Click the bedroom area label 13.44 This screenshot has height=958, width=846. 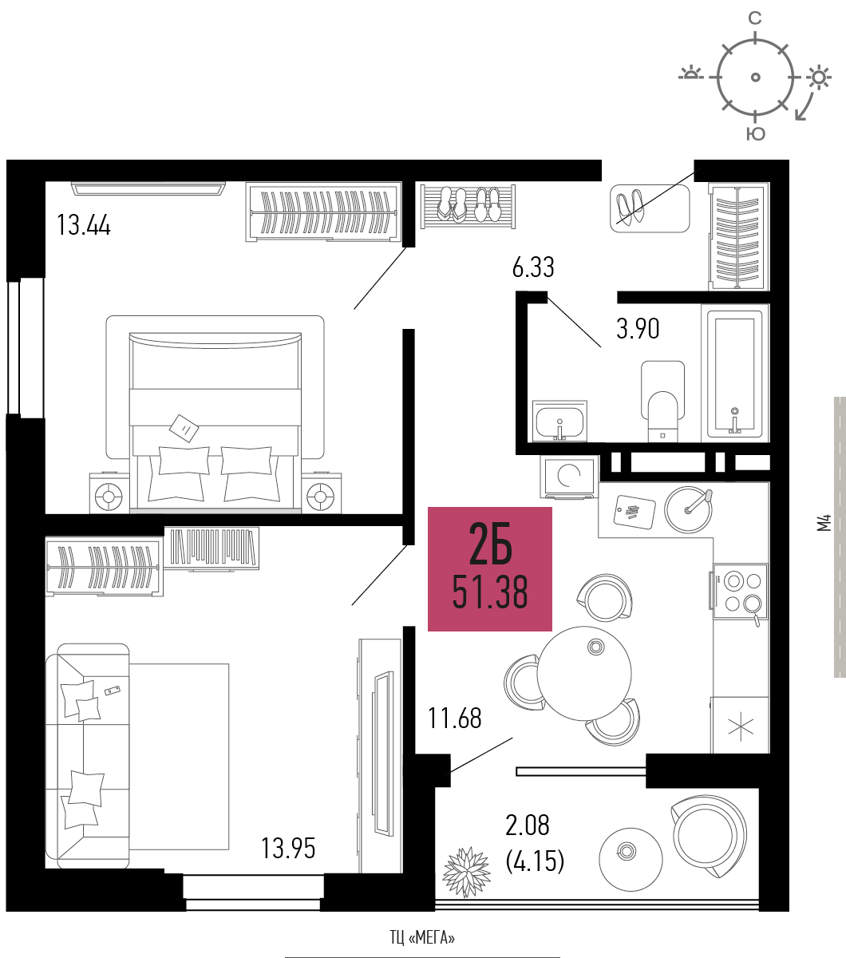point(84,224)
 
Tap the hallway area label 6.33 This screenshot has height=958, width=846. point(533,267)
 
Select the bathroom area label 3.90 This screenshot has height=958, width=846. point(638,329)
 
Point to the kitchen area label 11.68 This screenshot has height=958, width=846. point(454,718)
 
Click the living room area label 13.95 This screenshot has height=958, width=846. point(288,849)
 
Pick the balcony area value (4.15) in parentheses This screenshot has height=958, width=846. point(535,861)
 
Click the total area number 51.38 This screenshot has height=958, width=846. point(490,592)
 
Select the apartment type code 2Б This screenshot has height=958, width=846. point(490,544)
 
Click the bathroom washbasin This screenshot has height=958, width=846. point(560,422)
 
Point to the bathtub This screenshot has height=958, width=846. point(734,374)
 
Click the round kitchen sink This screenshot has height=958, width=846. point(688,509)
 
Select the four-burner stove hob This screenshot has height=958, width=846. point(740,591)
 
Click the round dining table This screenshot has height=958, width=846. point(584,673)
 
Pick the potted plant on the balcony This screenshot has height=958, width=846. point(466,873)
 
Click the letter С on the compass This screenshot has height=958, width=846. point(755,18)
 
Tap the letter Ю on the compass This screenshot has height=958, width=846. point(756,134)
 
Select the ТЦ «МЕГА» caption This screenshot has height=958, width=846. point(422,937)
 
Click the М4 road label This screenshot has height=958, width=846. point(824,522)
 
